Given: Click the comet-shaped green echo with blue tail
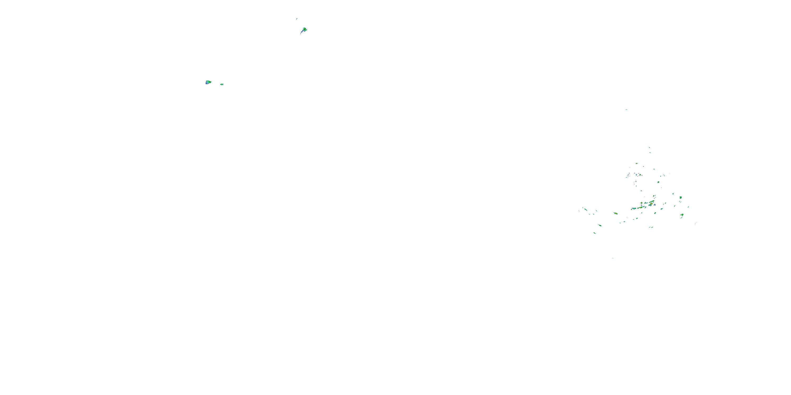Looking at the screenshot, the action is [304, 30].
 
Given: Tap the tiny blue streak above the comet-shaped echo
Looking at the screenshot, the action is [297, 19].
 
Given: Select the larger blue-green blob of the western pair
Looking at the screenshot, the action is [208, 82].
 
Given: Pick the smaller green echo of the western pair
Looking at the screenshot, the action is [222, 84].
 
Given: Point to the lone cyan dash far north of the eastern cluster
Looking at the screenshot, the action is [626, 110].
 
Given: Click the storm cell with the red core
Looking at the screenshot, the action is [651, 203].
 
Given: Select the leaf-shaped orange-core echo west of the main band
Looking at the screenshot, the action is [615, 213].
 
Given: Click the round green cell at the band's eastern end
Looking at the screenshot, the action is [681, 197].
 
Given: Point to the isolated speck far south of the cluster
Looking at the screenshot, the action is [613, 258].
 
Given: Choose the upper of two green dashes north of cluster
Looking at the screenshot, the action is [649, 148].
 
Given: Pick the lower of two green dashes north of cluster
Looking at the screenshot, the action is [650, 153].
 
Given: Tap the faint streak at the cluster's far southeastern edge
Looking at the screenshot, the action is [696, 224].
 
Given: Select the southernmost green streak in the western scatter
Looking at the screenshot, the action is [595, 233].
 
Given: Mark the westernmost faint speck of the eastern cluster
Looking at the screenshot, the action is [579, 211].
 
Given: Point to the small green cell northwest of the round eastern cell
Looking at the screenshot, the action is [673, 194].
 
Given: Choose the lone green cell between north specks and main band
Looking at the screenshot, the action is [658, 182].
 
